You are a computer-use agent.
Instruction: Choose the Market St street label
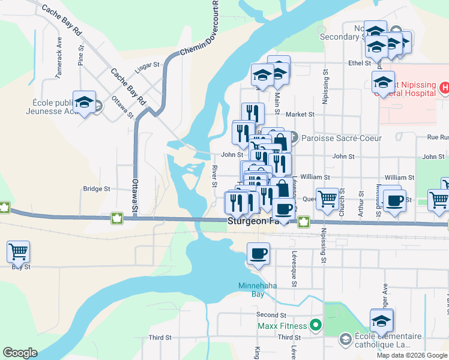click(300, 114)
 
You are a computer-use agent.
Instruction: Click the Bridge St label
click(97, 188)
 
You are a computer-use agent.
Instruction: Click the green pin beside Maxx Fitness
click(316, 326)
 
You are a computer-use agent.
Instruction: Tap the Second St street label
click(271, 315)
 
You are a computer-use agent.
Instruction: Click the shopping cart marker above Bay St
click(18, 252)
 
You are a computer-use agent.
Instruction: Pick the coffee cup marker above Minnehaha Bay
click(259, 254)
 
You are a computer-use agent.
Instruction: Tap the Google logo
click(20, 353)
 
